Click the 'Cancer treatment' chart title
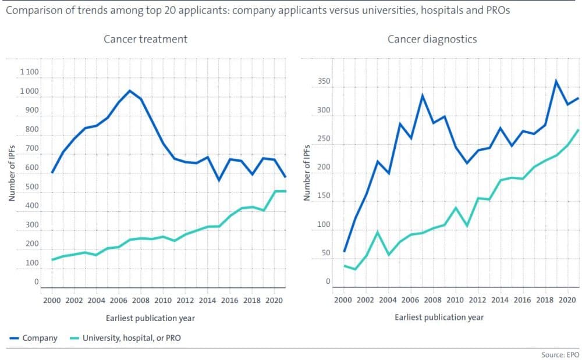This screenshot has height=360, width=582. tap(145, 40)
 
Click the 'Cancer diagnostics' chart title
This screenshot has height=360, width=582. tap(432, 40)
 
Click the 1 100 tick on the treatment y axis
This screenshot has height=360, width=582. tap(29, 73)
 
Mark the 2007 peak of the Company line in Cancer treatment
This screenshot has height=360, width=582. tap(130, 90)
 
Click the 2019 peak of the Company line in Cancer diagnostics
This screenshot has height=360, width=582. tap(556, 81)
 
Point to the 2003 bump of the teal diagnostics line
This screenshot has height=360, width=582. tap(377, 232)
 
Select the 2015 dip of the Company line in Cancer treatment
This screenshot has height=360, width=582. tap(219, 180)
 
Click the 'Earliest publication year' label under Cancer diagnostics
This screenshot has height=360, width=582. tap(439, 318)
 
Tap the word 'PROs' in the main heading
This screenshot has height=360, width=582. tap(497, 11)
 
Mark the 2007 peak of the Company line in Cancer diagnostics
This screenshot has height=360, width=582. tap(422, 95)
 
